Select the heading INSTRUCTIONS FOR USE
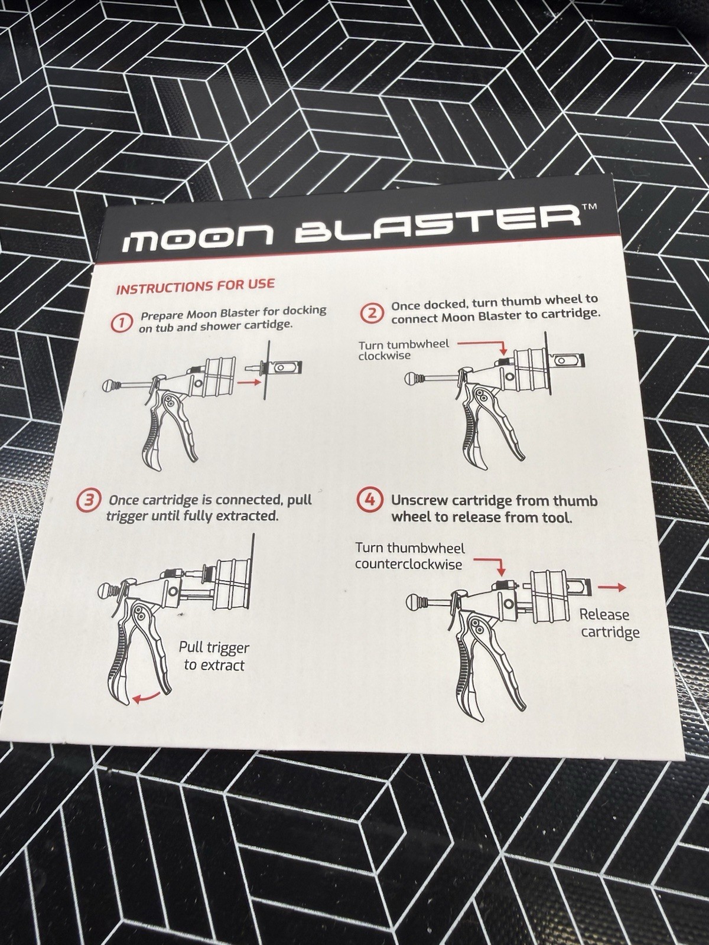[195, 287]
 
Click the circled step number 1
[122, 323]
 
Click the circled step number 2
[372, 312]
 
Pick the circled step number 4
[369, 501]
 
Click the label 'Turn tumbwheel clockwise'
[402, 350]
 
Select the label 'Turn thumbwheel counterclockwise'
[409, 556]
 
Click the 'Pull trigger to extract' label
[214, 656]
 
